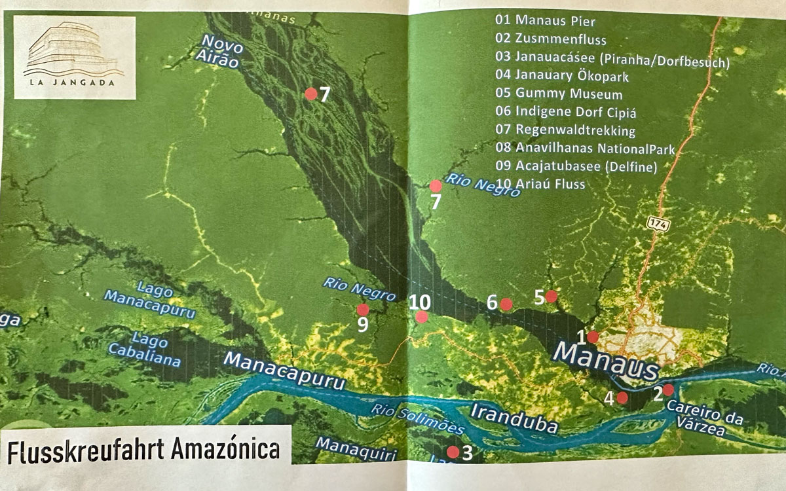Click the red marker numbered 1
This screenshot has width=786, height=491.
point(592,337)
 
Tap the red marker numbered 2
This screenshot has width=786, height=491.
point(667,390)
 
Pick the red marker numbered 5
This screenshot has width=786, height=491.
point(552,297)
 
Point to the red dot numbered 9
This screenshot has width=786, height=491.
point(362,310)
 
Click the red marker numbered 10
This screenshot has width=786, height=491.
point(422,317)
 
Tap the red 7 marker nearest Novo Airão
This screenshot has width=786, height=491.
point(311,94)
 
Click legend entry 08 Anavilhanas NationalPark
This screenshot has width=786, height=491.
point(585,149)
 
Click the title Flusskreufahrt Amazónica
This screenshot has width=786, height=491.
point(143,452)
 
